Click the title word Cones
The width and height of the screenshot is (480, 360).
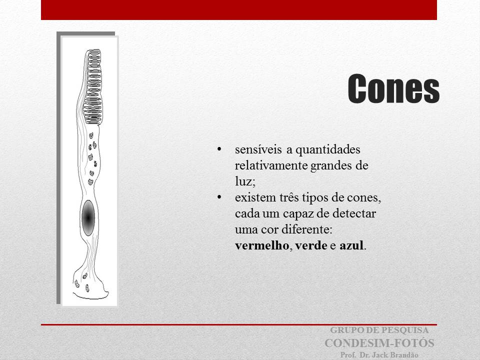[x=393, y=88]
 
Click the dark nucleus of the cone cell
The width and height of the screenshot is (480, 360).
[x=88, y=218]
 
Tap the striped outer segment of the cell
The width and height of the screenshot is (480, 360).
[x=93, y=87]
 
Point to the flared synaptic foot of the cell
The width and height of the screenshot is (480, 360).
[x=90, y=284]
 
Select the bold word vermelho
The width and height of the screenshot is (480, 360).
[x=261, y=245]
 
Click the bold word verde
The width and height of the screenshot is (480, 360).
[x=311, y=245]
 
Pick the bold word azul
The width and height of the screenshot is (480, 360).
[x=351, y=245]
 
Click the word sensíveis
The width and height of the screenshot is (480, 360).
[x=258, y=149]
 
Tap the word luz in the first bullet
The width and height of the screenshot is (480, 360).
[x=243, y=181]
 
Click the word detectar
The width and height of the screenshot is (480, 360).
[x=354, y=213]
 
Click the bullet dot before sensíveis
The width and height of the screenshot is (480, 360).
[x=219, y=149]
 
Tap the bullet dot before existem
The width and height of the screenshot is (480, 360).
[x=219, y=197]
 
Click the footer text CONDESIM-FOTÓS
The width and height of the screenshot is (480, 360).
[x=379, y=343]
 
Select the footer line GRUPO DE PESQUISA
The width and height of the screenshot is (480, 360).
[x=379, y=330]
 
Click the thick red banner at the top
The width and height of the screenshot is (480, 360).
[x=239, y=10]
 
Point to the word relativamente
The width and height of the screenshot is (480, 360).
[x=271, y=165]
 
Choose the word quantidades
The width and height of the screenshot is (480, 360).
[x=327, y=149]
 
